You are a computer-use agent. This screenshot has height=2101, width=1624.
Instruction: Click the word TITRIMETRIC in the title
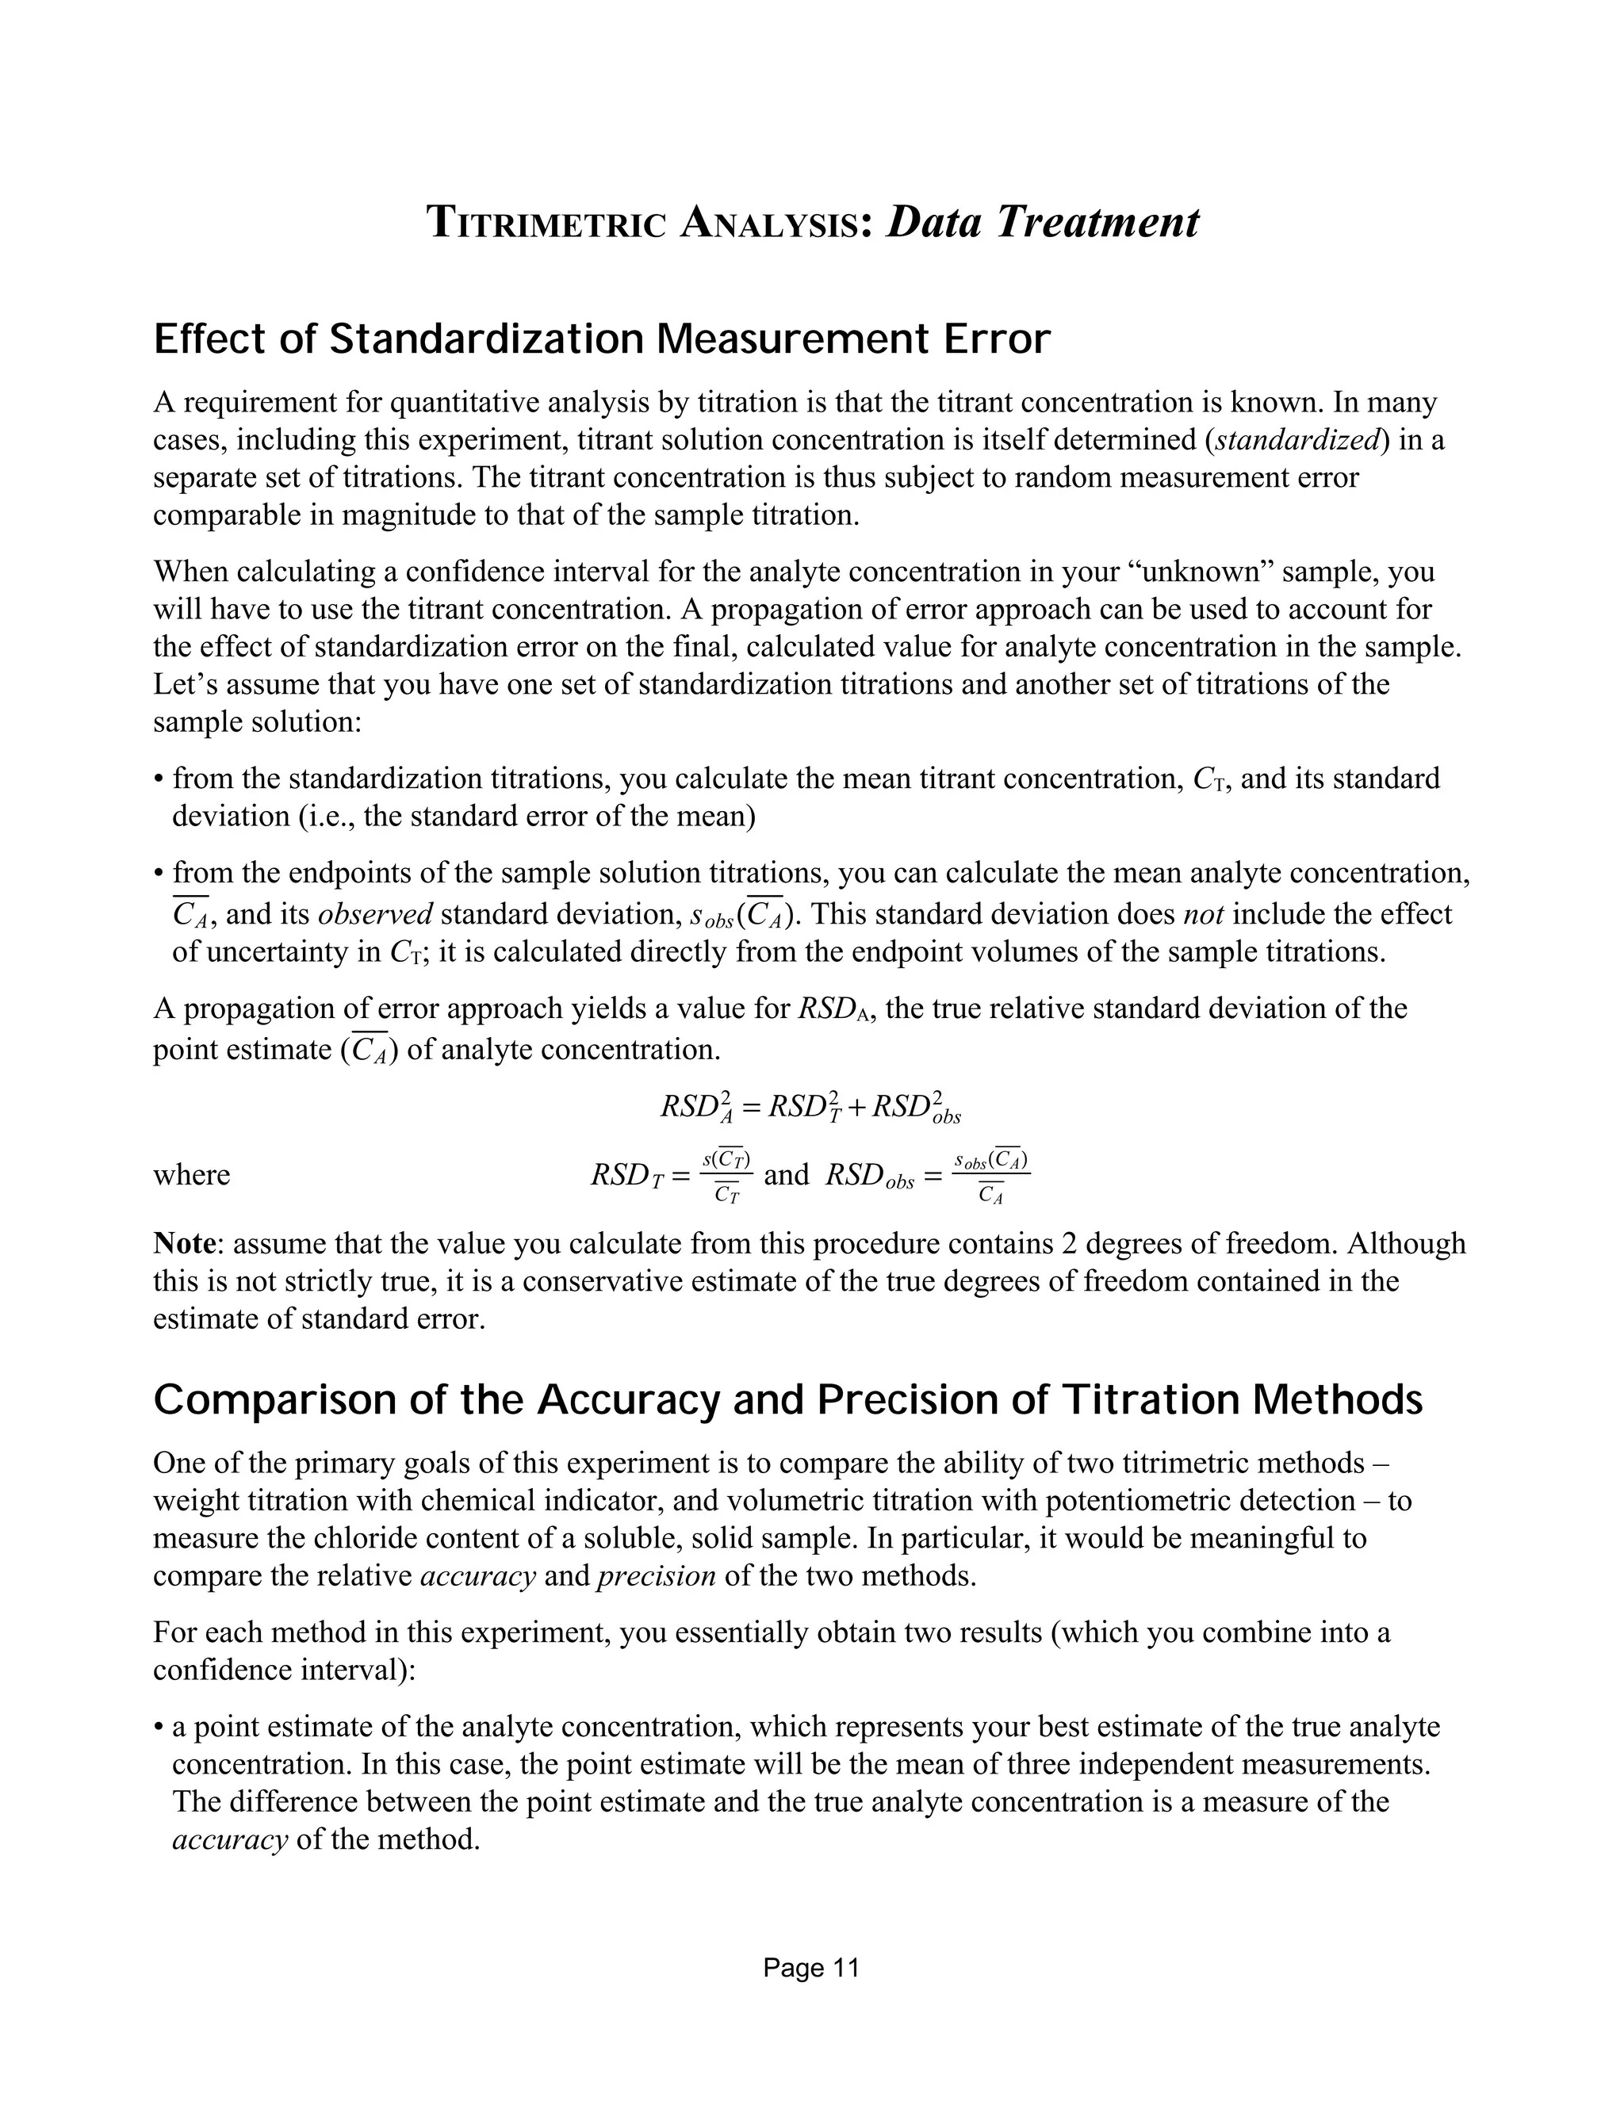(546, 224)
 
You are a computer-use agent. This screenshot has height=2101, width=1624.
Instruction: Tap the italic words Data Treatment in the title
(1042, 221)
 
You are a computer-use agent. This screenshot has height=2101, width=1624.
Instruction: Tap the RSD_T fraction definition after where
(672, 1176)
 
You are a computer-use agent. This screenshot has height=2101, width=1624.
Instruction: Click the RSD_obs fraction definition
(928, 1176)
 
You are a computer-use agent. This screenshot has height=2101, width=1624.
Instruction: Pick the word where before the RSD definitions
(191, 1176)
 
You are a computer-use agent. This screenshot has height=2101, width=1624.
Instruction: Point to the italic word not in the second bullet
(1201, 914)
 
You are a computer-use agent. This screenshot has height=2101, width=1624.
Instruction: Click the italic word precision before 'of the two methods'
(656, 1577)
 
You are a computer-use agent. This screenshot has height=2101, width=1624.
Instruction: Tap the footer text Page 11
(811, 1969)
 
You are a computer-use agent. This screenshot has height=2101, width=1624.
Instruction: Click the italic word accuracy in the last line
(230, 1840)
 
